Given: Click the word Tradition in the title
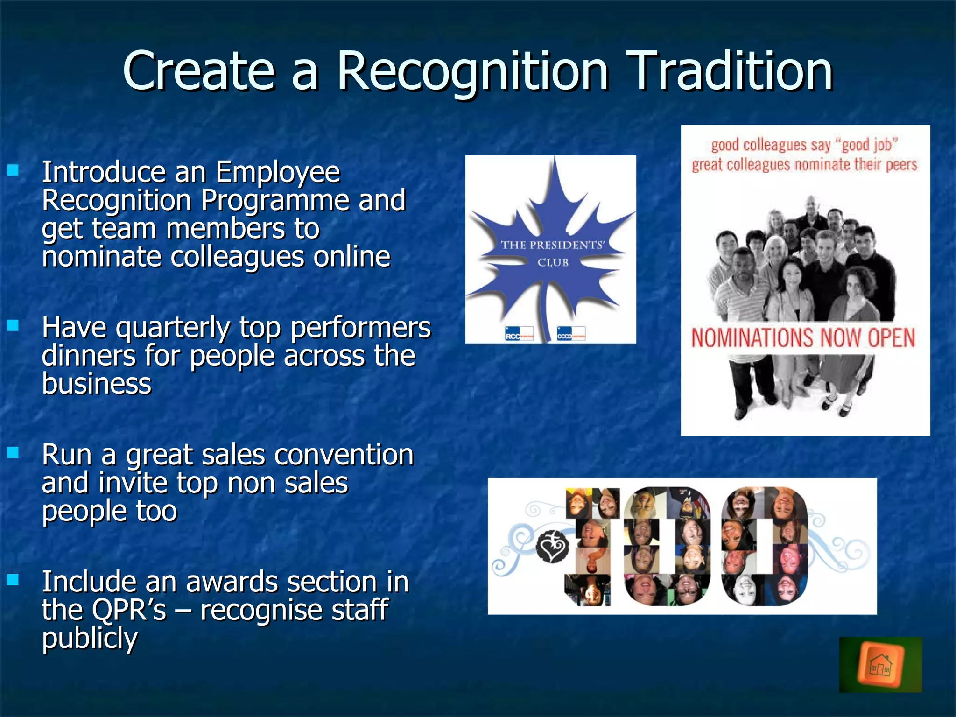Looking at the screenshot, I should pyautogui.click(x=731, y=71).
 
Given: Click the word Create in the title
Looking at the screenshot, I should pyautogui.click(x=198, y=71).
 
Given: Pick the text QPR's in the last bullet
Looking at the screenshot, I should pyautogui.click(x=129, y=610).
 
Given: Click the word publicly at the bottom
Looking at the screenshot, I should pyautogui.click(x=90, y=639).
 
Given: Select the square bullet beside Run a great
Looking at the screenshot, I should pyautogui.click(x=13, y=452).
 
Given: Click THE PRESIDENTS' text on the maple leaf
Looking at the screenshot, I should pyautogui.click(x=553, y=245).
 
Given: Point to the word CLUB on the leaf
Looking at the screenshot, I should pyautogui.click(x=553, y=262).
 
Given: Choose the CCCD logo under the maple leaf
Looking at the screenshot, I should pyautogui.click(x=571, y=334).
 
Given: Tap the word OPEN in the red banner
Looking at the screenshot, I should pyautogui.click(x=891, y=338).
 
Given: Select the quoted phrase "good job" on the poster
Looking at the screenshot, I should pyautogui.click(x=869, y=145).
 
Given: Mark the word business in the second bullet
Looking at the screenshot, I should pyautogui.click(x=97, y=384).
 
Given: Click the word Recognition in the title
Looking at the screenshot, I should pyautogui.click(x=472, y=71).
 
